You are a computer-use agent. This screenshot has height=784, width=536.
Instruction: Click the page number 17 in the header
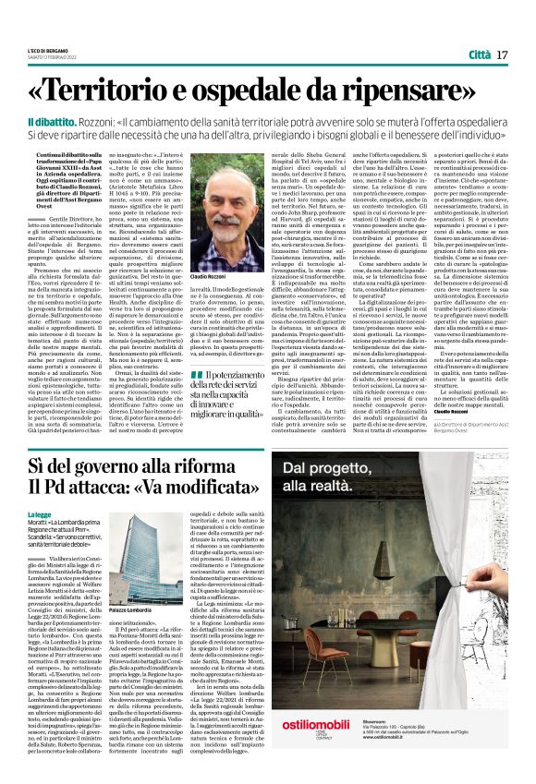[x=502, y=54]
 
